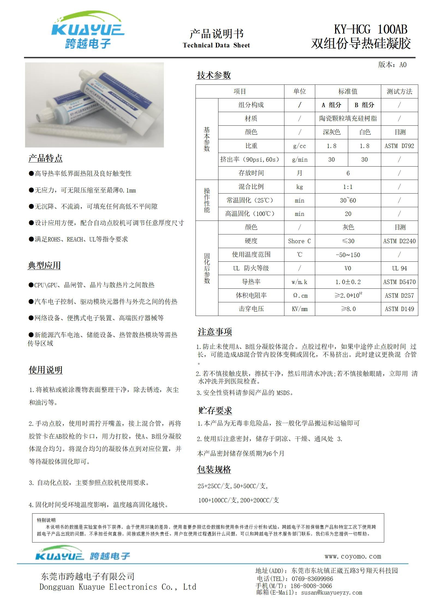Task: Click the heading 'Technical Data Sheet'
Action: coord(216,45)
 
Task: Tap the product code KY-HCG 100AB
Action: coord(371,29)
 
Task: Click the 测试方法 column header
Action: coord(399,92)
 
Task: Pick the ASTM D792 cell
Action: coord(399,146)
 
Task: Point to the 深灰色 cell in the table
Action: coord(332,132)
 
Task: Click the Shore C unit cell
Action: coord(299,241)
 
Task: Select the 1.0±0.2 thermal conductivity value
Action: coord(348,282)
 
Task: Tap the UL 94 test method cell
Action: coord(399,268)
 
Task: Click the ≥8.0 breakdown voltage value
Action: coord(348,309)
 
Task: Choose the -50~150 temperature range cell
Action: coord(348,255)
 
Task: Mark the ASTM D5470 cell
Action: coord(399,282)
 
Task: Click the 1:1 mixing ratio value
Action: coord(348,187)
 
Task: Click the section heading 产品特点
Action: coord(46,158)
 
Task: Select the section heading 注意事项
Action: coord(215,332)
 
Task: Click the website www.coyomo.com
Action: coord(353,556)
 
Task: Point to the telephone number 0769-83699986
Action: coord(312,578)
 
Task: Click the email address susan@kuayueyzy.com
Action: coord(332,592)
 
